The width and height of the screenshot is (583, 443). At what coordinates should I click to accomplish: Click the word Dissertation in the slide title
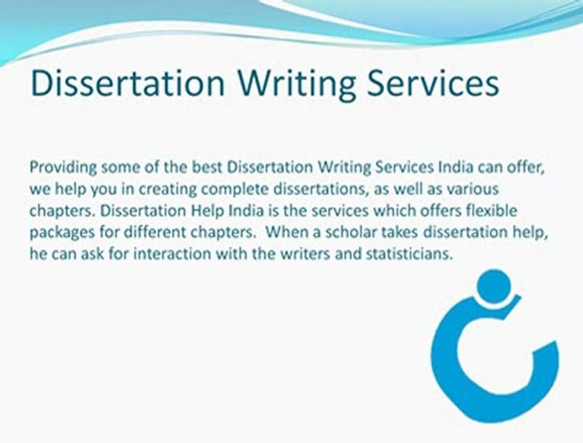(127, 84)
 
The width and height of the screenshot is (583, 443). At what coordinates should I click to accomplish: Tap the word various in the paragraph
(475, 190)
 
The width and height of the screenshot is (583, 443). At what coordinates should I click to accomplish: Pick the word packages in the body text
(57, 233)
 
